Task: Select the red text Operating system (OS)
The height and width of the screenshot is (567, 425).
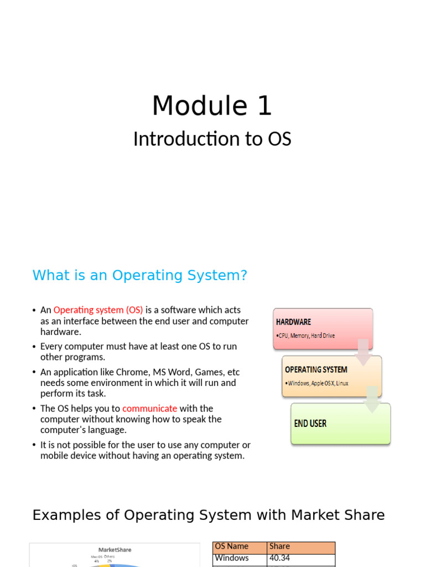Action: (98, 310)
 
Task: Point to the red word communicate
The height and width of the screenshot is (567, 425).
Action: (149, 409)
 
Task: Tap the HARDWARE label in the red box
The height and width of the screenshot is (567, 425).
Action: (293, 322)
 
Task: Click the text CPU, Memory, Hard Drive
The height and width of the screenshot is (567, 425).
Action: (307, 336)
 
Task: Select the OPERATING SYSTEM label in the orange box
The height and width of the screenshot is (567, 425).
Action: (316, 369)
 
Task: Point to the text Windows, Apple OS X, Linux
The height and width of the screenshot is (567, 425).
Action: (318, 383)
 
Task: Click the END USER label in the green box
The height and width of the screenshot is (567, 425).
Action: (310, 424)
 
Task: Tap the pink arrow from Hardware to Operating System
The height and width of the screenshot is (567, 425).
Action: (363, 353)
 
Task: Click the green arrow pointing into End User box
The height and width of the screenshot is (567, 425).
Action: (372, 400)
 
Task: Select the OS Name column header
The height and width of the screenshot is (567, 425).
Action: (232, 547)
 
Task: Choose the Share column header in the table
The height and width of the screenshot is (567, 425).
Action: (279, 547)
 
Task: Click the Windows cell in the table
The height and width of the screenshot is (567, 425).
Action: (232, 558)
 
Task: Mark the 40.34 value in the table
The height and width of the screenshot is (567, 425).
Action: (279, 558)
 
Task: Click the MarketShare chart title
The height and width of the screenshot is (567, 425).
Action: (115, 550)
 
